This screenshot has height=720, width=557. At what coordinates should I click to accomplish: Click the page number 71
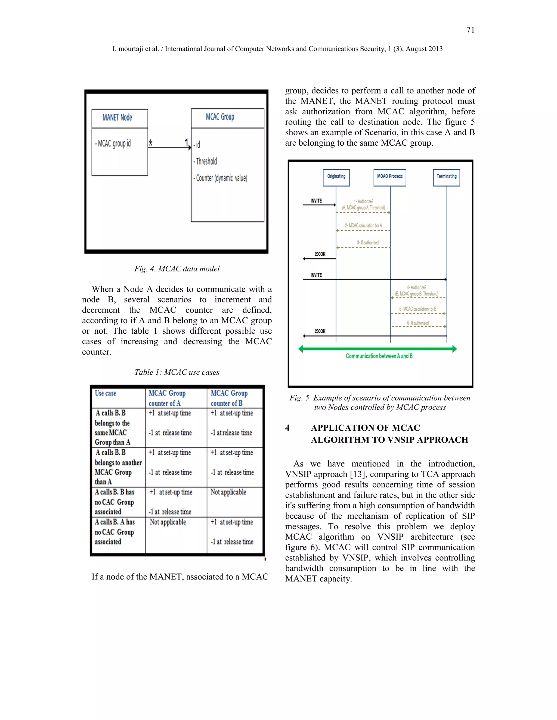[x=470, y=30]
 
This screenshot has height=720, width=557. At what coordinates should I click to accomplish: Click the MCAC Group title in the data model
[x=220, y=117]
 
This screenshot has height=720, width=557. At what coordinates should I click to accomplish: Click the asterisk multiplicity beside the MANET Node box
[x=151, y=143]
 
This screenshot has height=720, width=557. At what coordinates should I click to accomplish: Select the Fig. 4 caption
[x=177, y=269]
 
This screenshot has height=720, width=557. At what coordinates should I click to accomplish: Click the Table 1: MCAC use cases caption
[x=177, y=372]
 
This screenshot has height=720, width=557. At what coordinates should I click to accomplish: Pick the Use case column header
[x=106, y=393]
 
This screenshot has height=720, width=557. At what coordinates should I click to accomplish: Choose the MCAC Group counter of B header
[x=229, y=398]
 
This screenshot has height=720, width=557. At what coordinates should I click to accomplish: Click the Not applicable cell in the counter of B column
[x=228, y=492]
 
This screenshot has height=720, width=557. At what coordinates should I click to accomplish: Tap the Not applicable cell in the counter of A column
[x=168, y=522]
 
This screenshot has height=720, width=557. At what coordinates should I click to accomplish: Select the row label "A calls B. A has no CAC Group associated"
[x=115, y=532]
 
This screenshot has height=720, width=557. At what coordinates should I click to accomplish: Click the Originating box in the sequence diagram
[x=336, y=177]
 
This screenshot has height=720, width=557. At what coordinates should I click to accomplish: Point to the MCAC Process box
[x=390, y=177]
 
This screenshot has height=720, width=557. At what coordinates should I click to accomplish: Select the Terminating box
[x=447, y=177]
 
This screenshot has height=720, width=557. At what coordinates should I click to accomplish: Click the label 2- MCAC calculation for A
[x=363, y=226]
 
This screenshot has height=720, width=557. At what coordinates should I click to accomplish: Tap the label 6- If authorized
[x=418, y=323]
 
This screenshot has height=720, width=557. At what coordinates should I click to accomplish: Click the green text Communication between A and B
[x=379, y=356]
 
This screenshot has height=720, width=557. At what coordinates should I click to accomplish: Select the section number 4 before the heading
[x=287, y=428]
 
